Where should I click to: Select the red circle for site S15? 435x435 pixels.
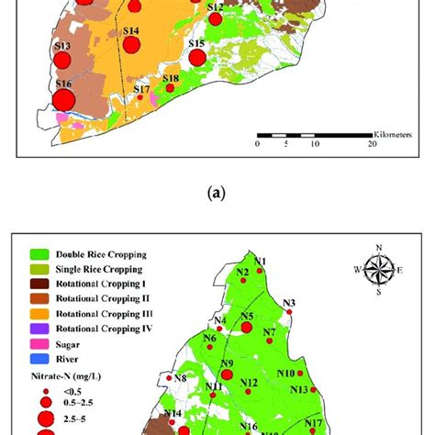coord(196,58)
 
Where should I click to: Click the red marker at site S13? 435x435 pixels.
coord(62,61)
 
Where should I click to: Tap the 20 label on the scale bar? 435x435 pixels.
coord(372,144)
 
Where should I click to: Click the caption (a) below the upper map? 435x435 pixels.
coord(217,193)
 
